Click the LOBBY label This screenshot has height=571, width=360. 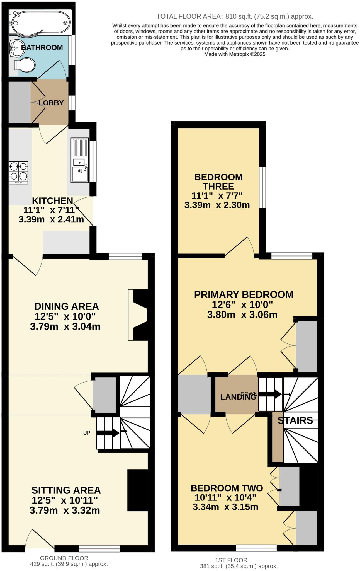pyautogui.click(x=51, y=103)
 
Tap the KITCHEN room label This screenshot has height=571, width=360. pyautogui.click(x=52, y=201)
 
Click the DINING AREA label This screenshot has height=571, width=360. pyautogui.click(x=66, y=306)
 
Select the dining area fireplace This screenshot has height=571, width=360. pyautogui.click(x=139, y=315)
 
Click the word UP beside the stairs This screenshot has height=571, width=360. pyautogui.click(x=87, y=433)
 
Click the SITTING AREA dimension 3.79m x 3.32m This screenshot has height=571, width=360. pyautogui.click(x=65, y=510)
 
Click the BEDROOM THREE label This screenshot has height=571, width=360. pyautogui.click(x=218, y=182)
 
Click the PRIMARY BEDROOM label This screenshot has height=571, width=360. pyautogui.click(x=244, y=294)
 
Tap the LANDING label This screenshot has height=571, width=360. pyautogui.click(x=238, y=397)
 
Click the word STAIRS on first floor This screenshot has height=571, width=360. pyautogui.click(x=295, y=420)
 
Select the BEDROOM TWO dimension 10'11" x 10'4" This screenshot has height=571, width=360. pyautogui.click(x=225, y=497)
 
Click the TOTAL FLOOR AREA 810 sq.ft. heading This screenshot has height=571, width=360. pyautogui.click(x=235, y=16)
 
